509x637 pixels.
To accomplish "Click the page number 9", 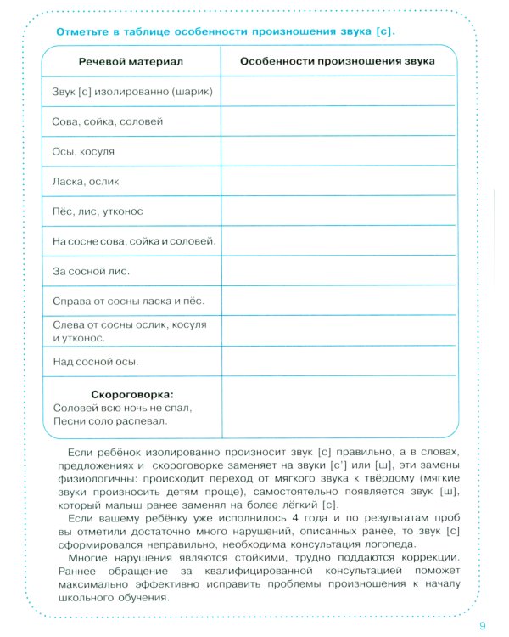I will pyautogui.click(x=482, y=626).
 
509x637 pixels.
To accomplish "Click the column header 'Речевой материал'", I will pyautogui.click(x=131, y=62).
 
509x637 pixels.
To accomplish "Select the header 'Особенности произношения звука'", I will pyautogui.click(x=338, y=62).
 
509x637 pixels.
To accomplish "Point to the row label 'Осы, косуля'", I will pyautogui.click(x=83, y=151).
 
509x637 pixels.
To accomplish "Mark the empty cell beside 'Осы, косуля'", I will pyautogui.click(x=338, y=151).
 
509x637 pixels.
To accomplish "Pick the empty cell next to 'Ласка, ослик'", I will pyautogui.click(x=338, y=181).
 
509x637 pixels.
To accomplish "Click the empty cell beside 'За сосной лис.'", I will pyautogui.click(x=338, y=272).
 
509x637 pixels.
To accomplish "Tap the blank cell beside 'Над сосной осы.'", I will pyautogui.click(x=338, y=362).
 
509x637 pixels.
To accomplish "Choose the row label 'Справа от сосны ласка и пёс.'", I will pyautogui.click(x=129, y=302).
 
